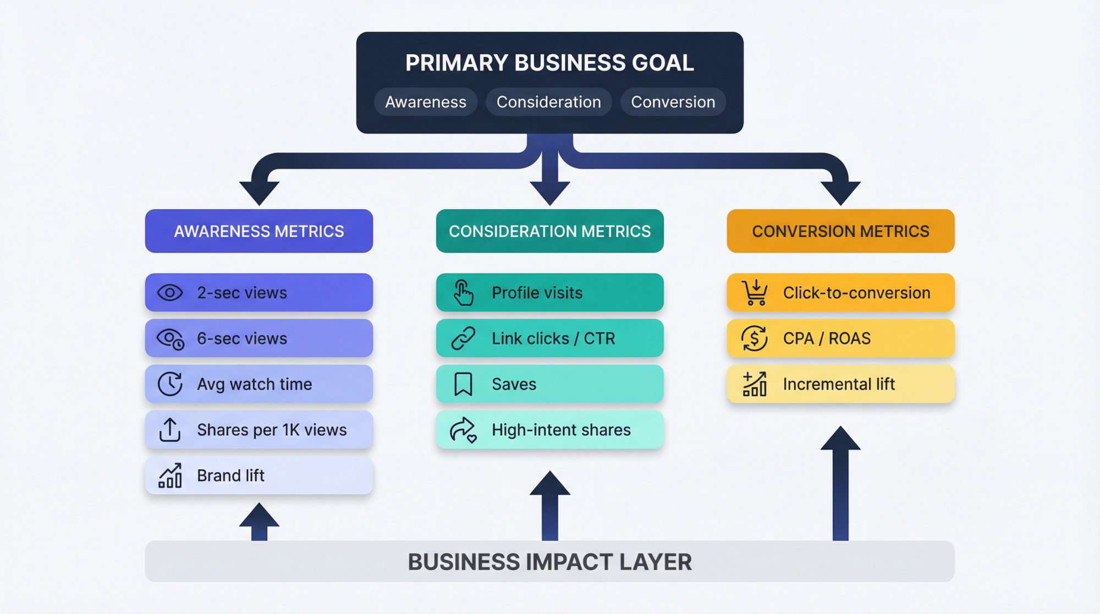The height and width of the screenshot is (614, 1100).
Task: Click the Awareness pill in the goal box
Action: (x=425, y=102)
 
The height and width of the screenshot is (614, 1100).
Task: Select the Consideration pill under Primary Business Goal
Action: (x=548, y=102)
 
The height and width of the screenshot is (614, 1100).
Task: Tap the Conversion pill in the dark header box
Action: (x=673, y=102)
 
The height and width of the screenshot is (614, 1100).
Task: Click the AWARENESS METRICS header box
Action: (x=258, y=231)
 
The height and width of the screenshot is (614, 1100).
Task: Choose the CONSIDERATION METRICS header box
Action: (x=549, y=231)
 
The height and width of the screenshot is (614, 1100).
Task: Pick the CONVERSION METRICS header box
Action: (x=840, y=231)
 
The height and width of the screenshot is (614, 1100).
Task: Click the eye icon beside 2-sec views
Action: (x=170, y=293)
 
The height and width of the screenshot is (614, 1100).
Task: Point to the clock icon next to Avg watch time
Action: (x=170, y=384)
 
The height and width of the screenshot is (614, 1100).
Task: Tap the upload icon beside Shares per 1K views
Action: (x=170, y=430)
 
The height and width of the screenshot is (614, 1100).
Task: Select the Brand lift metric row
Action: (x=258, y=475)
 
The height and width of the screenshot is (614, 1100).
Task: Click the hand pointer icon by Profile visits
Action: (x=463, y=293)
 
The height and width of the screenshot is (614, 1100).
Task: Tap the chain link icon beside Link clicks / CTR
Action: (x=463, y=338)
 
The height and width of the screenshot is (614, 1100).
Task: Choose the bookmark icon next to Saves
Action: (x=463, y=384)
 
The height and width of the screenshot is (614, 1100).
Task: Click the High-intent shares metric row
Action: (x=549, y=430)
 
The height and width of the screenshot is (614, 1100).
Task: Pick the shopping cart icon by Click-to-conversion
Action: (x=755, y=293)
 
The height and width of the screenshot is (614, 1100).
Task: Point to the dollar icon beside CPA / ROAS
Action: (x=755, y=338)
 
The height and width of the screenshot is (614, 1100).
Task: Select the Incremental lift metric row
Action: (x=840, y=384)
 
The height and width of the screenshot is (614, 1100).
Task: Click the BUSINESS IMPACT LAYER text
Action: (x=549, y=562)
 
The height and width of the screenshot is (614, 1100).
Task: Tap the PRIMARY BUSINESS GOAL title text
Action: (x=549, y=63)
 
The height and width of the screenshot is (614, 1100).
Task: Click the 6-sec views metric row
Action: (x=258, y=338)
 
